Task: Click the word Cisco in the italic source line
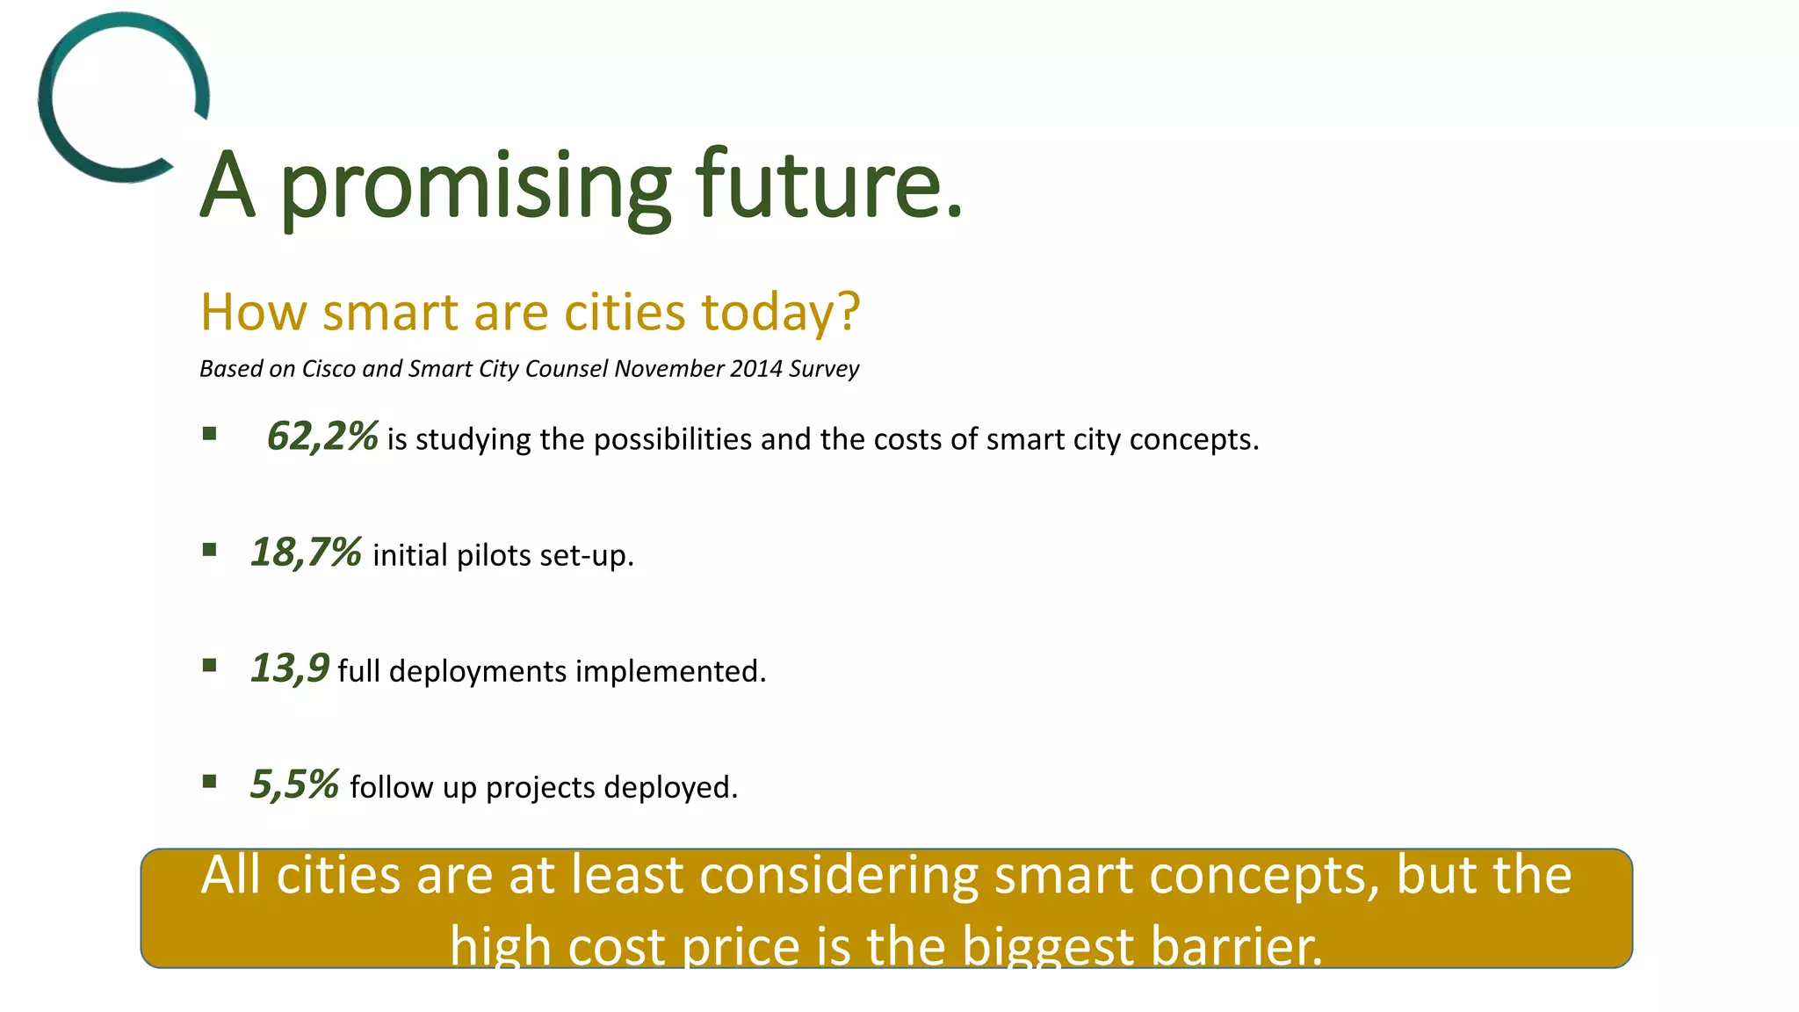tap(329, 368)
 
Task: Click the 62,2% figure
tap(322, 437)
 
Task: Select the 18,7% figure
tap(306, 553)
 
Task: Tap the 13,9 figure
tap(290, 669)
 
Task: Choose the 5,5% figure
tap(294, 784)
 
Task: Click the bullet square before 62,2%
tap(209, 433)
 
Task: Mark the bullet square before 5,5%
tap(209, 781)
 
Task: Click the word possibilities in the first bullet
tap(672, 439)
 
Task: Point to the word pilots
tap(494, 555)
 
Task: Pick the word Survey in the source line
tap(823, 368)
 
